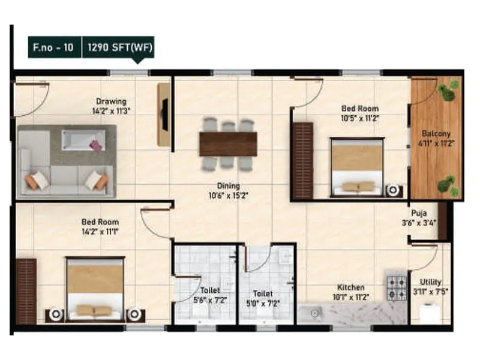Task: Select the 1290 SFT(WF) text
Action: (x=118, y=46)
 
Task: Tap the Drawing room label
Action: (x=111, y=101)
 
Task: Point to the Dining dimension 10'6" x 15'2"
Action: (x=225, y=196)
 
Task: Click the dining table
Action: (x=228, y=144)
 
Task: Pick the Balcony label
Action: (x=436, y=134)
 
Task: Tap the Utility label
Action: (x=431, y=282)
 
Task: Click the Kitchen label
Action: (x=351, y=288)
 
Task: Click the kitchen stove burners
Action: (x=396, y=287)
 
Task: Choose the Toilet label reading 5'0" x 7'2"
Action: (x=263, y=294)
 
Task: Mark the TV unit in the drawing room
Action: (x=164, y=114)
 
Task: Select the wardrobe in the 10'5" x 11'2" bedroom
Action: (x=302, y=160)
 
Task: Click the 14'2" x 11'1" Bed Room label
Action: (x=100, y=222)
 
